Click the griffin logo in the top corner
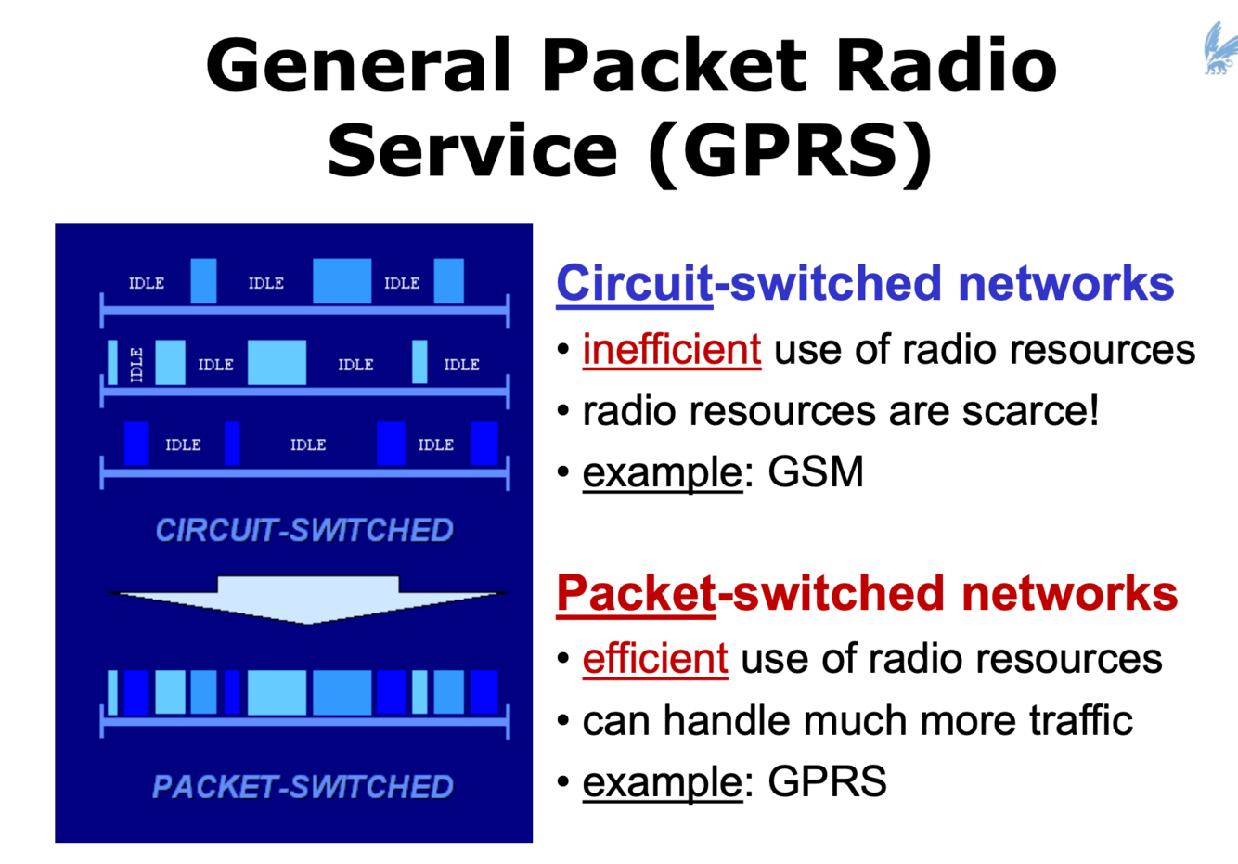(1219, 48)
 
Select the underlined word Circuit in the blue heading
(634, 283)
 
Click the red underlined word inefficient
(671, 350)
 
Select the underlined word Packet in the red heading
(636, 593)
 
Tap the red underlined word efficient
(654, 659)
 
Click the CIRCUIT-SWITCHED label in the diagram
(303, 531)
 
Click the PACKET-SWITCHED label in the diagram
(303, 787)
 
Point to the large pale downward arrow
(307, 599)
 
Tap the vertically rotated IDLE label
(136, 364)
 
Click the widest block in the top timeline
(342, 281)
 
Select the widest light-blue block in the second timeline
(277, 363)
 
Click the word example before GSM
(662, 472)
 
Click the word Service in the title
(472, 150)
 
